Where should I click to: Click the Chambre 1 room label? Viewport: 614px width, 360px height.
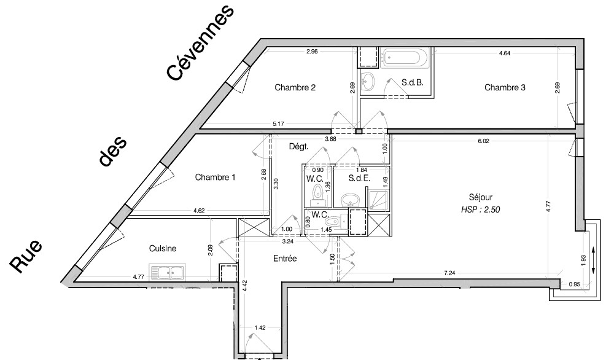(x=216, y=178)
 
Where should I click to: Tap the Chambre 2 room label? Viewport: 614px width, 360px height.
(x=295, y=88)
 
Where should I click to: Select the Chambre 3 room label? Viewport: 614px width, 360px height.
(x=505, y=88)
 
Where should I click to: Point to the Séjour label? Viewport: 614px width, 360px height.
(x=481, y=197)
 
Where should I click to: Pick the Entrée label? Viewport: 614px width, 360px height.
(x=284, y=259)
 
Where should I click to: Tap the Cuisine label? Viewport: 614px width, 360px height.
(x=163, y=249)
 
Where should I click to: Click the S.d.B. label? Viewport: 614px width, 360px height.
(x=413, y=82)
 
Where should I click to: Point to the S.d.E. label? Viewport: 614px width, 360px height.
(x=359, y=179)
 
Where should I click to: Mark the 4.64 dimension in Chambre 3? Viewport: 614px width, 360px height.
(x=505, y=54)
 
